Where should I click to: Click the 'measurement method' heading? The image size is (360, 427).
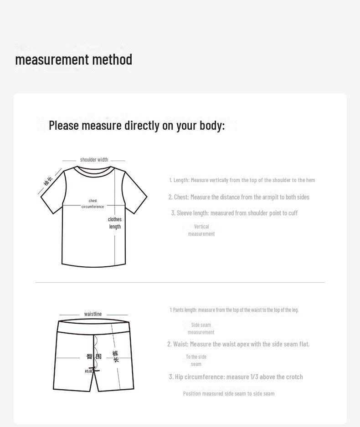coord(73,60)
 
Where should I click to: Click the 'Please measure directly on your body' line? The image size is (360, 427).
coord(137,125)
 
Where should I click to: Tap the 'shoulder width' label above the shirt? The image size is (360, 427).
coord(94,160)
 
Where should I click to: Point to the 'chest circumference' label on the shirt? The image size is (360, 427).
coord(93,203)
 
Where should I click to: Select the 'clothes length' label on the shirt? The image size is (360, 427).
coord(115,223)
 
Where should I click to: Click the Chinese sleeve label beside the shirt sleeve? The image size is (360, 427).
coord(48,181)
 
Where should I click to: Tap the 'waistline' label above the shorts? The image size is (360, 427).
coord(93,314)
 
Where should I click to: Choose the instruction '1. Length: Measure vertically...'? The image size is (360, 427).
coord(242,180)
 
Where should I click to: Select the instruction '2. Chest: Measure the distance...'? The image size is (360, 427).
coord(239,197)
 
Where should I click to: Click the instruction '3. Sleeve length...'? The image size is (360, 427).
coord(234,213)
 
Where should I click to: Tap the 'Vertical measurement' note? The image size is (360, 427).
coord(201,230)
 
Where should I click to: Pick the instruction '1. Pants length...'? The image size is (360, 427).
coord(234,310)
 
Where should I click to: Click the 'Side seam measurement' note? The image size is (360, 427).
coord(201,329)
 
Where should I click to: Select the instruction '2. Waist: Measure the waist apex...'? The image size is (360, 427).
coord(238,344)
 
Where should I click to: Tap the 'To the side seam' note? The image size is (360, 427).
coord(196,361)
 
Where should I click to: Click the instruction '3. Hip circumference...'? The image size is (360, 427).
coord(236,377)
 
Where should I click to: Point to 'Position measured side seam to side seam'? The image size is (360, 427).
coord(229,394)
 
